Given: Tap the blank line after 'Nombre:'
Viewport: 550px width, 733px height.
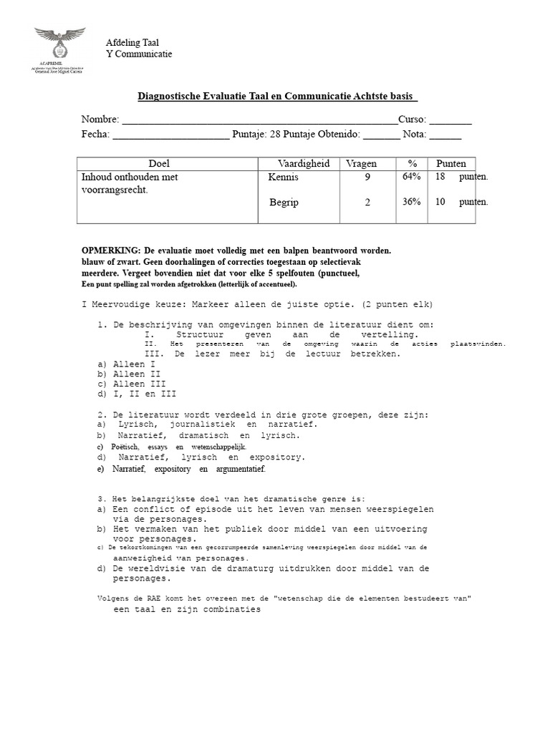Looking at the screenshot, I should [x=259, y=120].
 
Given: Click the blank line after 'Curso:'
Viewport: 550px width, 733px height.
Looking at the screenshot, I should [x=450, y=120].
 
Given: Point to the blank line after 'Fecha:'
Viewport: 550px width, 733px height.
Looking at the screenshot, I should [x=171, y=134].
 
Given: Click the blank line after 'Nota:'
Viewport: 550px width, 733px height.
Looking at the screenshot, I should [x=445, y=134].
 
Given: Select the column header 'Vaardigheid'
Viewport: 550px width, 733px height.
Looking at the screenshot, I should [x=304, y=163].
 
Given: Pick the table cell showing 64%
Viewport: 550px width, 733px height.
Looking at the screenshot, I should [x=411, y=176].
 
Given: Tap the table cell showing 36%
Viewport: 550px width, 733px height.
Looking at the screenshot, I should [x=411, y=202].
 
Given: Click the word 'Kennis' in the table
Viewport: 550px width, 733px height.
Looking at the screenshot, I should [x=284, y=176].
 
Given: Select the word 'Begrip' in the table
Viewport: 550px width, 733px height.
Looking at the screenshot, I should [x=284, y=203].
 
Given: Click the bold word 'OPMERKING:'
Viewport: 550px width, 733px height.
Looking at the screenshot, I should [x=112, y=251].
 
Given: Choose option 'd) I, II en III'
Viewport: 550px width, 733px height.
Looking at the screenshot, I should [x=136, y=393].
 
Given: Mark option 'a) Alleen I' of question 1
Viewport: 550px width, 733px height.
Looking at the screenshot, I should [x=126, y=364].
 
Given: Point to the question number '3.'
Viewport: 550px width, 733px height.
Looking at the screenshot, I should [x=101, y=498].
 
